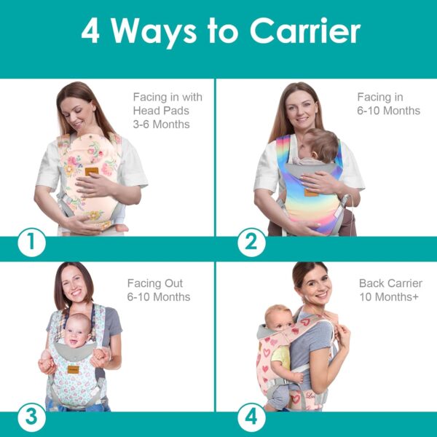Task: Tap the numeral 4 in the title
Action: click(x=90, y=31)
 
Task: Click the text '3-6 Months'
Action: click(x=161, y=124)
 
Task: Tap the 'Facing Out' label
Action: click(x=155, y=283)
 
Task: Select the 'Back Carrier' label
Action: click(x=390, y=283)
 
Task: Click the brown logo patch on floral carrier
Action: click(x=91, y=171)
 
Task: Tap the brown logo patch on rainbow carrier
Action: click(x=311, y=192)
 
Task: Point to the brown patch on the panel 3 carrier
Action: click(x=74, y=369)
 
